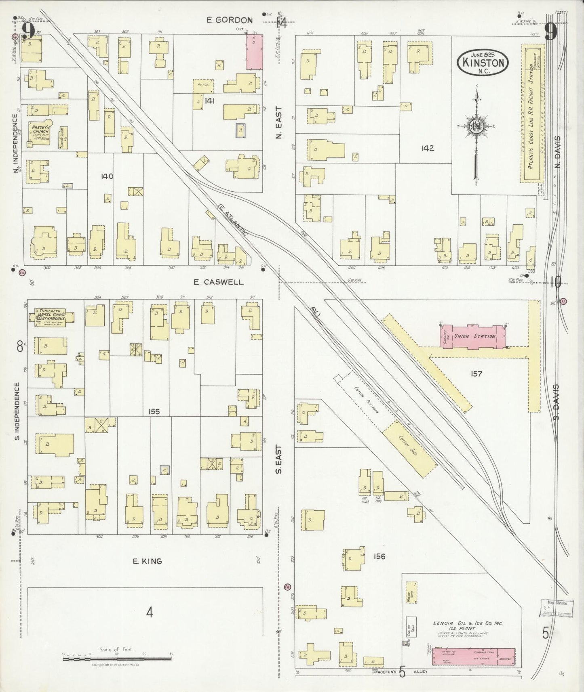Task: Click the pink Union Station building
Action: (473, 336)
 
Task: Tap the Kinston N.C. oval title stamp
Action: (483, 62)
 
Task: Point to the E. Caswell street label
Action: (218, 282)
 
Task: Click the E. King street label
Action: (148, 561)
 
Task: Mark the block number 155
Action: (154, 411)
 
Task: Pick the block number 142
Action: (427, 148)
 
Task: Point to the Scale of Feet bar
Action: (118, 659)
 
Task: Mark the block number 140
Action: (108, 176)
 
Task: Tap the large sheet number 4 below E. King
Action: (150, 613)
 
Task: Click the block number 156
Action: (379, 557)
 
